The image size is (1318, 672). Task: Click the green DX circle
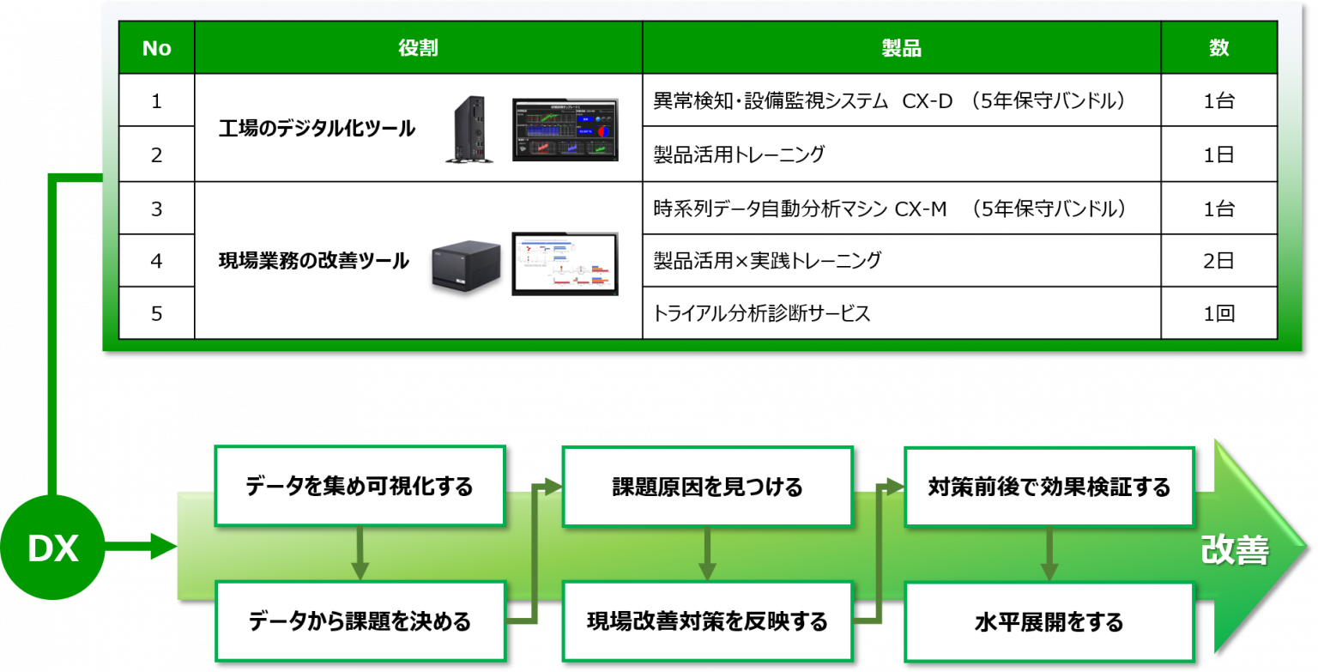click(52, 549)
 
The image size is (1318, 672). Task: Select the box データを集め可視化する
click(360, 487)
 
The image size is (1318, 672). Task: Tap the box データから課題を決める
click(360, 621)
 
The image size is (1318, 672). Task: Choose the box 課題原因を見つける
click(707, 487)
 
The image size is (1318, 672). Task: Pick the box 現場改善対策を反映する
click(707, 621)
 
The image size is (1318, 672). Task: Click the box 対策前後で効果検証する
click(1049, 487)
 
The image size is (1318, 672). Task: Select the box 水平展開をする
click(1049, 621)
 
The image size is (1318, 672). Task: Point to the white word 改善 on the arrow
click(1234, 550)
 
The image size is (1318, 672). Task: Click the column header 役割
click(418, 48)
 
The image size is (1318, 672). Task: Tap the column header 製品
click(901, 48)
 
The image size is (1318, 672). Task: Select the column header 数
click(1218, 48)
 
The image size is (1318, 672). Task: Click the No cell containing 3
click(156, 208)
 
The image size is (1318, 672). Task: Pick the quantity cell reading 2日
click(1218, 260)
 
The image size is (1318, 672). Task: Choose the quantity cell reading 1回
click(1218, 313)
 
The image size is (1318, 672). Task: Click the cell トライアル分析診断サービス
click(762, 313)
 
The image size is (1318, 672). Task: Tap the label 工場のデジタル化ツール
click(317, 129)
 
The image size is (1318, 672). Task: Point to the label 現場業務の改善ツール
click(314, 261)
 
